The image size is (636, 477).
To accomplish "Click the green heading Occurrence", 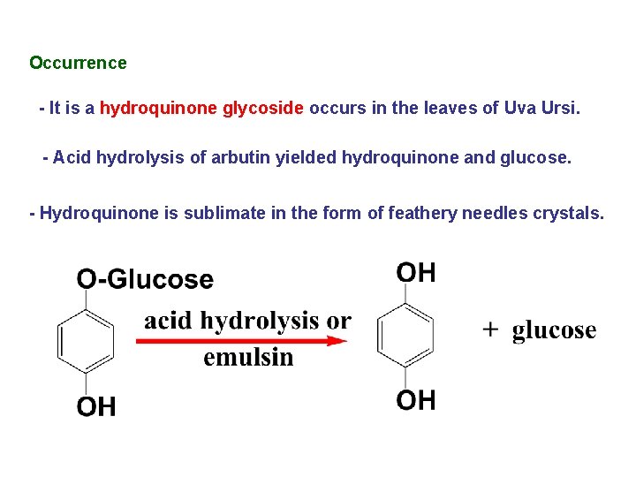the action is click(x=78, y=63).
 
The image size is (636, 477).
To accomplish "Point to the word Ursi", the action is click(x=559, y=109).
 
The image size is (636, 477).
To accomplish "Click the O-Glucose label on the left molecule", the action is click(x=145, y=279).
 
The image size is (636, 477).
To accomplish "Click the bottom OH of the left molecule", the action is click(x=96, y=406).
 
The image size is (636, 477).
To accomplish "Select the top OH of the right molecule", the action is click(x=416, y=272).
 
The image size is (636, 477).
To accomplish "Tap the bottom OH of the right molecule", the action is click(x=416, y=400).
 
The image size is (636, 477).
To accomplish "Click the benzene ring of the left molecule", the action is click(x=86, y=341).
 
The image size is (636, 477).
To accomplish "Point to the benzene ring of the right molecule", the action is click(x=405, y=335).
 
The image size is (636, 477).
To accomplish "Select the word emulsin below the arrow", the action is click(x=248, y=357).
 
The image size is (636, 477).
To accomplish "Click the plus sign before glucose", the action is click(x=491, y=329).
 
